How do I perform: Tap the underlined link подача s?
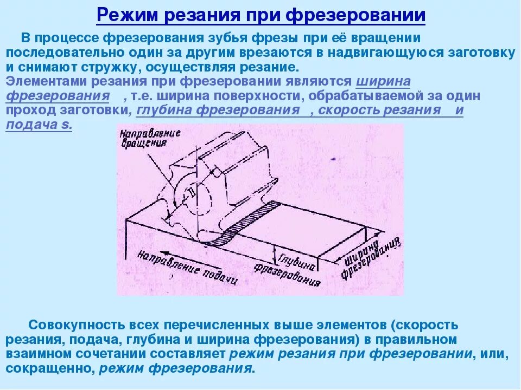click(39, 124)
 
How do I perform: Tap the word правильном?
click(421, 340)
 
